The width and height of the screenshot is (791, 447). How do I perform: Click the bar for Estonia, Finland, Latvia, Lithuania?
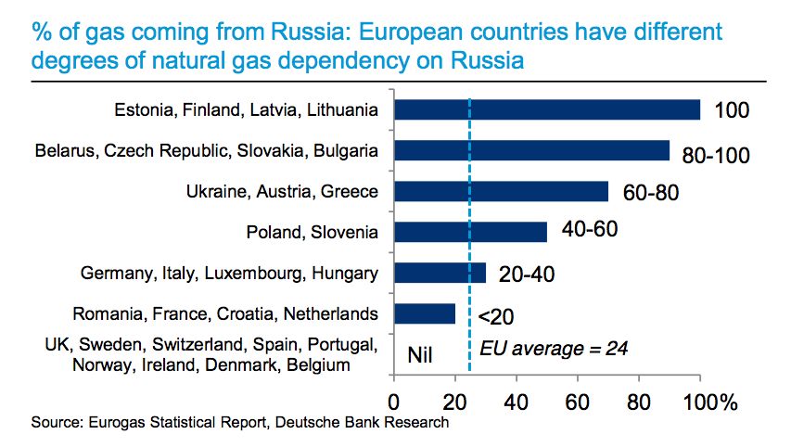(547, 109)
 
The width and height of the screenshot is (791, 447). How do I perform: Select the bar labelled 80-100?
(531, 150)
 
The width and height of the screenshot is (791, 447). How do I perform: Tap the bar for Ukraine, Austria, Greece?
(501, 191)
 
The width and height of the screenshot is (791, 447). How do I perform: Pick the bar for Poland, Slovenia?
(470, 232)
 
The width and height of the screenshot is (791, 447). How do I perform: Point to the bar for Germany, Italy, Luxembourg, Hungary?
(440, 273)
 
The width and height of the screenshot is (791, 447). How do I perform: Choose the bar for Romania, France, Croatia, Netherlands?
(425, 313)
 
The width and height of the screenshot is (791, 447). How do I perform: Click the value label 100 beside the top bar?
(732, 111)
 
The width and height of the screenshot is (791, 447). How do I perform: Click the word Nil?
(422, 353)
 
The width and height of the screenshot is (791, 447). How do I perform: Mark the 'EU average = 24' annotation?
(554, 350)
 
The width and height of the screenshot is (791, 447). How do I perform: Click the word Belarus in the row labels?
(62, 150)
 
